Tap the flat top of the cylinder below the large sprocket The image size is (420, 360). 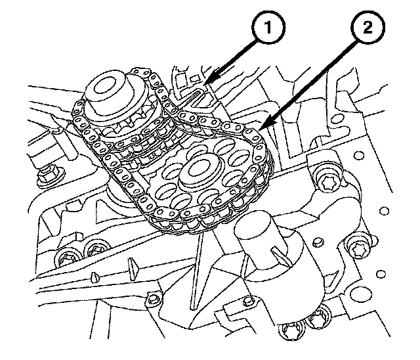(259, 232)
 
